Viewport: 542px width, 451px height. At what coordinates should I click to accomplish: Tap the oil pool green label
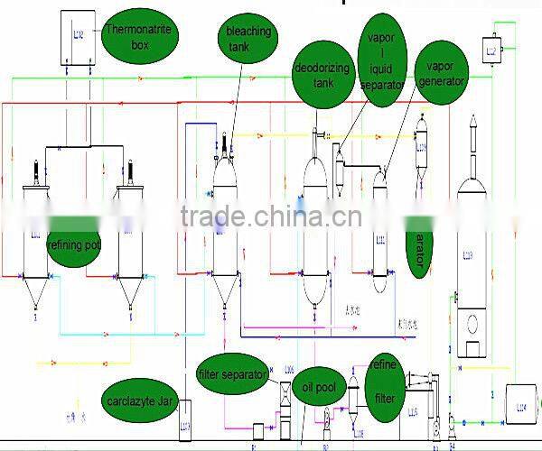coord(317,388)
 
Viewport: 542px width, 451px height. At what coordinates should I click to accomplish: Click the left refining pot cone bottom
coord(36,293)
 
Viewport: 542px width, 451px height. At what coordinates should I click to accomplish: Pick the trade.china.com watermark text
coord(271,217)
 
